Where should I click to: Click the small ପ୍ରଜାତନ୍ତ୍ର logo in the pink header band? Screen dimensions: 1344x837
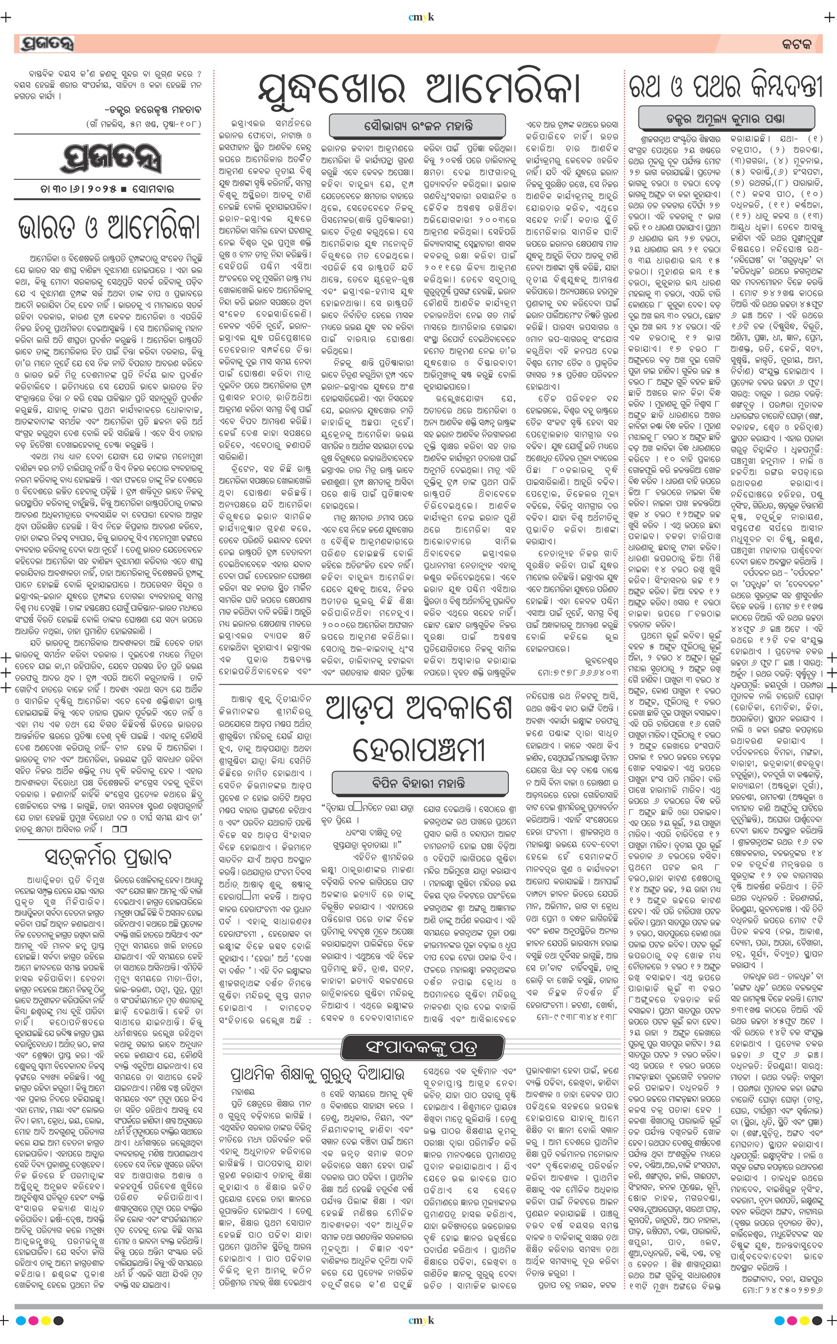[47, 43]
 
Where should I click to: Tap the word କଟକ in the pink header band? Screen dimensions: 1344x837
[796, 44]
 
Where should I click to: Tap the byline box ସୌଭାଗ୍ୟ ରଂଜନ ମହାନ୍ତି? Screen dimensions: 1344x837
[418, 126]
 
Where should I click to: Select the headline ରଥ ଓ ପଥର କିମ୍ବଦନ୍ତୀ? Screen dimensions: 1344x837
[725, 87]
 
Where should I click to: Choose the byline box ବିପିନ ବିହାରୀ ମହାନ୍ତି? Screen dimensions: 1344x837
[419, 783]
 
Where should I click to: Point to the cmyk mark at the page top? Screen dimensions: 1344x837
[421, 17]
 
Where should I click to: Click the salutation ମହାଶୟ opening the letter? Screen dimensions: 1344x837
[243, 1091]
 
